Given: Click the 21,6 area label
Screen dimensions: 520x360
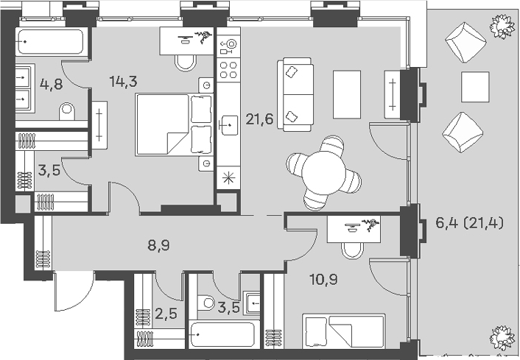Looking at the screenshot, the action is point(259,119).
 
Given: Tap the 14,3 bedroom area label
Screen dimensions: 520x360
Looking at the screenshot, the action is point(123,82).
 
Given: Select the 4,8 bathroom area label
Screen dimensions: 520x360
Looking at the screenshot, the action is point(51,84).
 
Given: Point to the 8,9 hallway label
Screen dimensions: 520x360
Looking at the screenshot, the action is point(158,246).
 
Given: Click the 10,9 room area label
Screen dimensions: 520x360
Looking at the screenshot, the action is point(323,280).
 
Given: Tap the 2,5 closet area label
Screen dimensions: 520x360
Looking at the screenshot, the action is point(166,314).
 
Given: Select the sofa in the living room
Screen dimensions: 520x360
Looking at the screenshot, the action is point(295,94).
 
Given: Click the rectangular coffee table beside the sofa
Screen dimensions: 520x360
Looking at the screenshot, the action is point(347,94).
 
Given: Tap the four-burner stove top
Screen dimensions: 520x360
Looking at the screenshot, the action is point(228,70).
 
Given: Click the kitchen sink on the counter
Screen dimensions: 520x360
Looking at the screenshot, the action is point(228,125).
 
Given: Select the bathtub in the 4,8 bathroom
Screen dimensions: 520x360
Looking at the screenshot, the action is point(50,42).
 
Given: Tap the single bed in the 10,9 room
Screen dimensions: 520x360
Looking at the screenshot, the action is point(344,331).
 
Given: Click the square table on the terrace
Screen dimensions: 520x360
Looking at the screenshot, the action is point(475,87).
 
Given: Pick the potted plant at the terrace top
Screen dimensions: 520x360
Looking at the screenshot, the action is point(501,26).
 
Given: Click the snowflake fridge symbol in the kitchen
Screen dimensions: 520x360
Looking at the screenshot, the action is point(228,178).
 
